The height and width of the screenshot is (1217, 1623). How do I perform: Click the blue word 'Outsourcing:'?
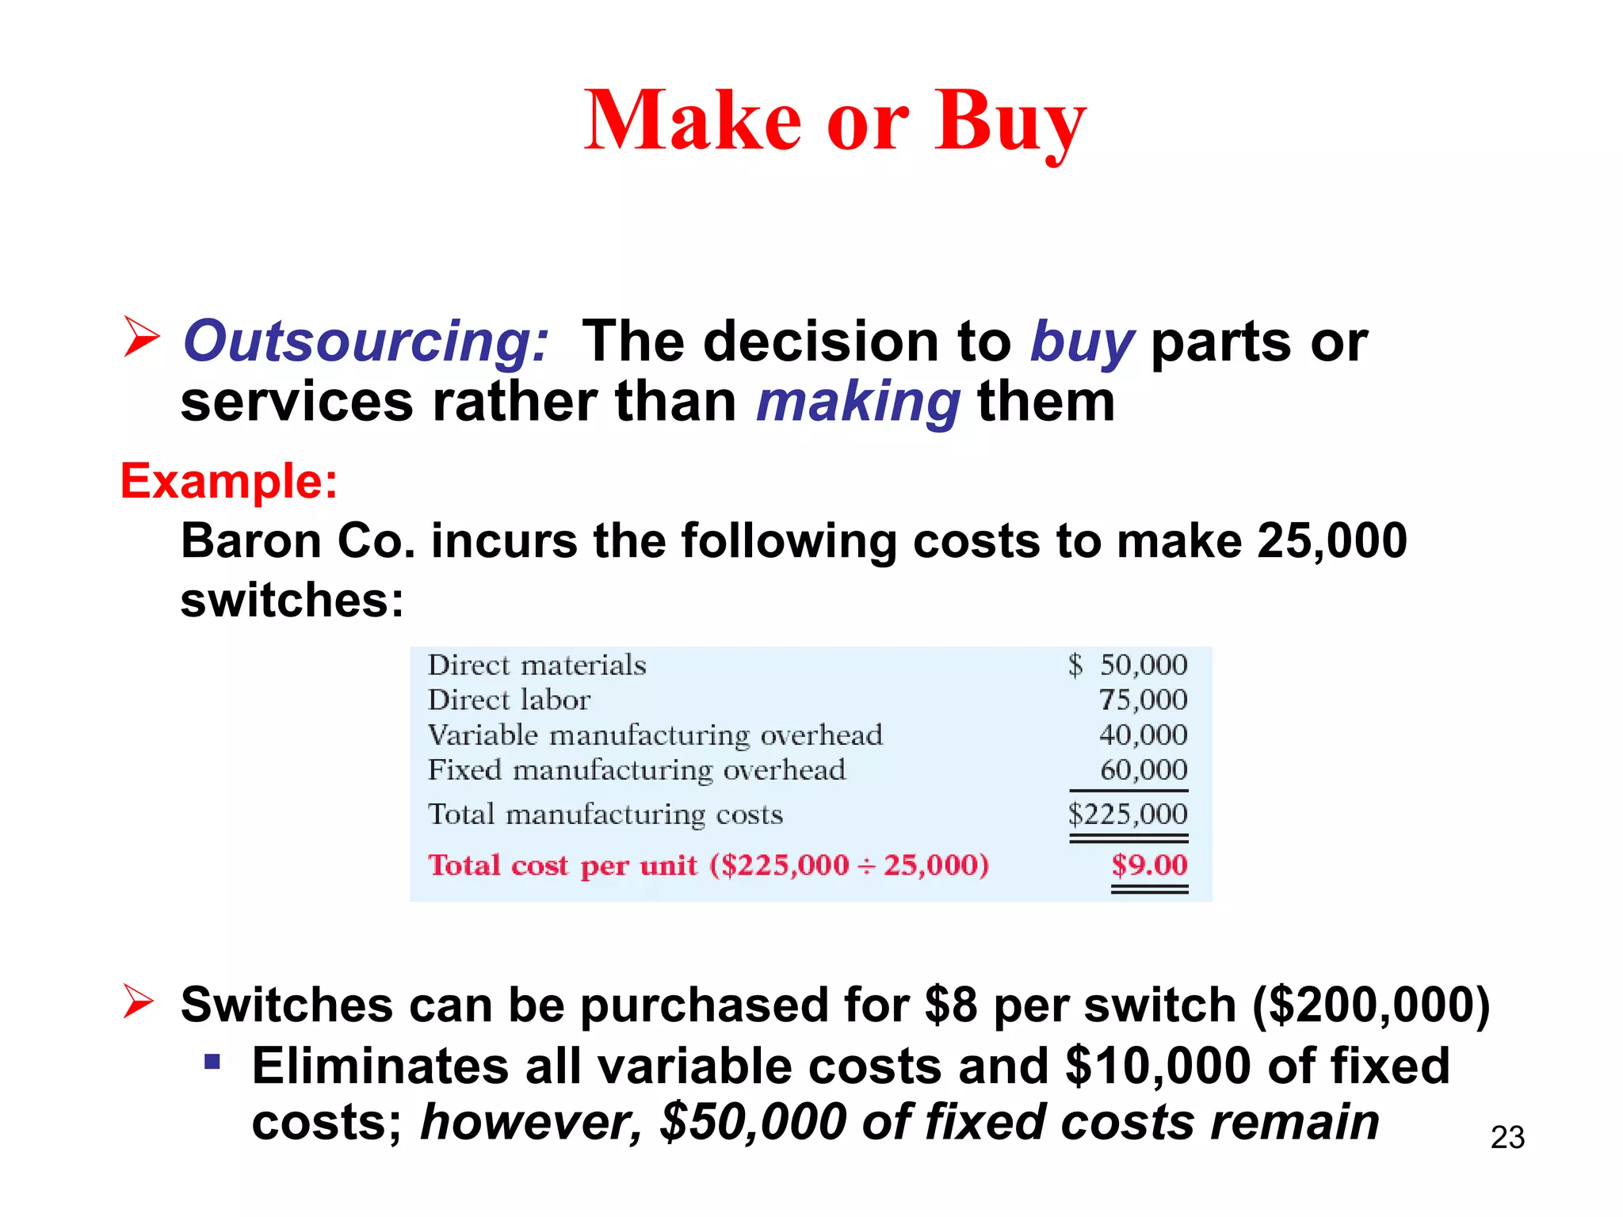click(365, 341)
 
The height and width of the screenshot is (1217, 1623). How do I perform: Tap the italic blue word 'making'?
click(858, 402)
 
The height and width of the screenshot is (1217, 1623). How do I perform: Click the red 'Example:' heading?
click(229, 481)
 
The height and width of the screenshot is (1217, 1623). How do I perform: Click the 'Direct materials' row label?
click(537, 665)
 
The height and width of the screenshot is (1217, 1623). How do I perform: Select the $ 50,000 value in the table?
click(1128, 665)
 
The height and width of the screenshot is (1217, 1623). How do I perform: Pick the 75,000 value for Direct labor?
click(1143, 700)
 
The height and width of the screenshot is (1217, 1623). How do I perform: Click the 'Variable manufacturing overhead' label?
click(655, 735)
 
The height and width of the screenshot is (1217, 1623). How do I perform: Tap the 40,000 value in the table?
click(1143, 735)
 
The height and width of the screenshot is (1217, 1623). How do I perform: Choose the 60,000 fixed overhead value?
click(1143, 770)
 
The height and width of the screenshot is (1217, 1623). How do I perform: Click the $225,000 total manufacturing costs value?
click(1128, 815)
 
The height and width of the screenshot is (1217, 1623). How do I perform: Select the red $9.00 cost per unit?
click(1149, 864)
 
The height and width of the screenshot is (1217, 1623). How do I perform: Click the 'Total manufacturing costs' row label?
click(605, 815)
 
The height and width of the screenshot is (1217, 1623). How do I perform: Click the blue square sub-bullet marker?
click(212, 1061)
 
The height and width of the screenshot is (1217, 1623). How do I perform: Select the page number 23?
click(1507, 1137)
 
